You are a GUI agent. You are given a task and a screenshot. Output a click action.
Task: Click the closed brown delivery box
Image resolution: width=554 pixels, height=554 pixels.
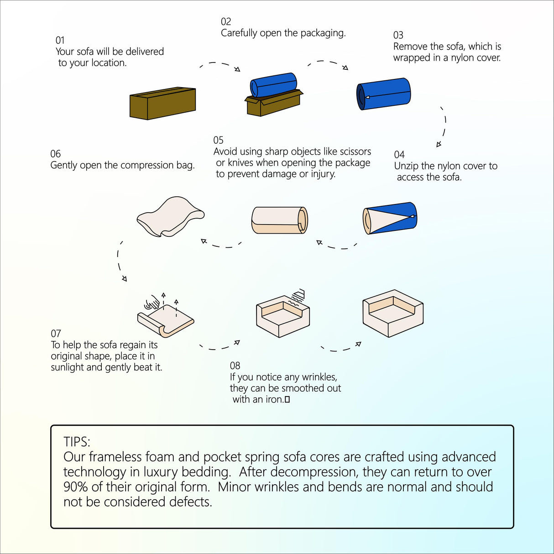click(x=162, y=104)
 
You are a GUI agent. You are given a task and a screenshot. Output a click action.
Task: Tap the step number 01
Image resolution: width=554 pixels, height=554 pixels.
click(x=60, y=40)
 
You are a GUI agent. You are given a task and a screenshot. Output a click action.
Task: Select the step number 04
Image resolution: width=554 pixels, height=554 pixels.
click(x=399, y=155)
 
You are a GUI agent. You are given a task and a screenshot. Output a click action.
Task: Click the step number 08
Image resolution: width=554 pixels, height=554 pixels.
click(x=235, y=366)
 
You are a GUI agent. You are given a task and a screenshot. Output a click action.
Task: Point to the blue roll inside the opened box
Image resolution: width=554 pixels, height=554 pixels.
click(x=273, y=85)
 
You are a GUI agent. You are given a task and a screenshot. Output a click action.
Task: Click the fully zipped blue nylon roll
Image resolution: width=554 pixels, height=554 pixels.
click(x=384, y=94)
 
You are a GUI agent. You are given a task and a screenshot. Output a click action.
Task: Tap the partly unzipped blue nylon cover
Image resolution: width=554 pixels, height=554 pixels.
click(x=390, y=218)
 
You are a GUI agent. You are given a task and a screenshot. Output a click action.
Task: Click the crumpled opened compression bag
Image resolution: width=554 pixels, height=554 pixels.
click(x=170, y=216)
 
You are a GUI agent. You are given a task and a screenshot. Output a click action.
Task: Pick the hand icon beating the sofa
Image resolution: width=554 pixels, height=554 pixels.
click(x=152, y=303)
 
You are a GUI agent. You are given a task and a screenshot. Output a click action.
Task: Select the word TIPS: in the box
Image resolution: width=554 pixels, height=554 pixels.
click(x=77, y=442)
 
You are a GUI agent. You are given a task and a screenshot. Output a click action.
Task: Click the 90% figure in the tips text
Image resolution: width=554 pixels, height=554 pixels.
click(x=75, y=487)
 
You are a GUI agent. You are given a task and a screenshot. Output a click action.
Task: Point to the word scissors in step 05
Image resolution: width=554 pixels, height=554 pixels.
click(x=351, y=152)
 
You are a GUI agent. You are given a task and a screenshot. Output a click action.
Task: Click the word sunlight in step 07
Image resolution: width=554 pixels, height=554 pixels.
click(x=68, y=367)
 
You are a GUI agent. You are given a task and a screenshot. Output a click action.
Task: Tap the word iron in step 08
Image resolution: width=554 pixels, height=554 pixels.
click(x=274, y=399)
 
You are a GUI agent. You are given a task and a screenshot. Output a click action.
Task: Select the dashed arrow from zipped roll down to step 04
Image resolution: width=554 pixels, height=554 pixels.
click(x=443, y=127)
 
